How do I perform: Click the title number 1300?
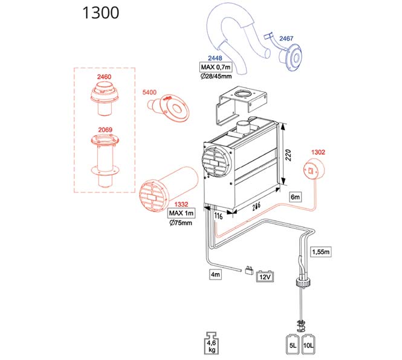point(100,13)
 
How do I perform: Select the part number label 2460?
point(104,77)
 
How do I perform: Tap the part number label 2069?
point(105,130)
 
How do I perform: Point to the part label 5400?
point(149,92)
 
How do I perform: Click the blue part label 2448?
point(215,58)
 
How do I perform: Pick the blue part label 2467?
point(286,39)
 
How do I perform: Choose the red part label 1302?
point(318,152)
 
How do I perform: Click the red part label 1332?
point(181,205)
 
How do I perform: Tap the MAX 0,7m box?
point(216,68)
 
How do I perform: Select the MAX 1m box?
point(181,213)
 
